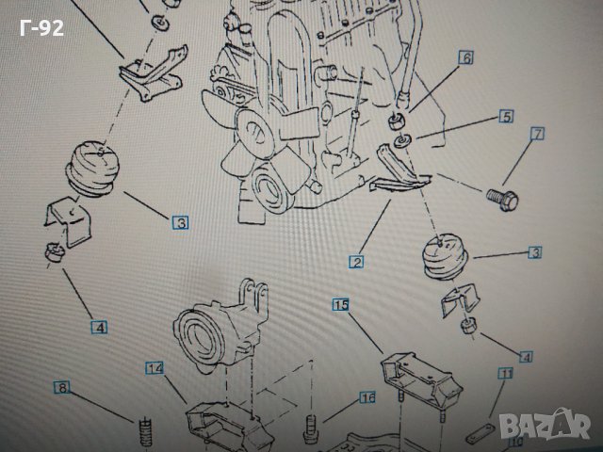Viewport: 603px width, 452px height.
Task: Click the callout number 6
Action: tap(465, 57)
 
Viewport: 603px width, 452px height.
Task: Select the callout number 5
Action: tap(505, 117)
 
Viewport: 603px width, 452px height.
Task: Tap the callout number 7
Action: tap(537, 134)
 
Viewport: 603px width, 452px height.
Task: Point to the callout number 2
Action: tap(357, 262)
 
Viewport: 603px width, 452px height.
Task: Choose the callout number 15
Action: tap(341, 304)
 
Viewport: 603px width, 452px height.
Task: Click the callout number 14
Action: tap(155, 367)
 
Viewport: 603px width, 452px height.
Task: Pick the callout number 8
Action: tap(61, 387)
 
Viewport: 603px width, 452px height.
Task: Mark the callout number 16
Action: tap(367, 397)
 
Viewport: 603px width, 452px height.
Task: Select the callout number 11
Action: tap(505, 375)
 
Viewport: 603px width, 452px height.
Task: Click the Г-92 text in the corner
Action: tap(41, 28)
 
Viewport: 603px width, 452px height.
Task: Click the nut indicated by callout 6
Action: tap(397, 121)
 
